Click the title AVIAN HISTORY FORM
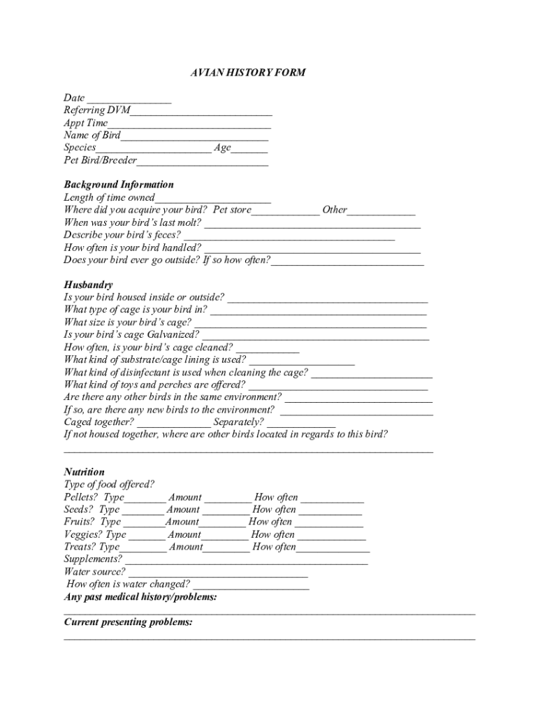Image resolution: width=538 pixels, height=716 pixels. [248, 73]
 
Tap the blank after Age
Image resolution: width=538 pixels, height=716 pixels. [249, 150]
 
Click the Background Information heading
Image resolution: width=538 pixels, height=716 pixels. [119, 185]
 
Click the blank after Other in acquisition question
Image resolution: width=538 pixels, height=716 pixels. [381, 211]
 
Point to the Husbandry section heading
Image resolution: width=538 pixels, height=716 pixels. [88, 285]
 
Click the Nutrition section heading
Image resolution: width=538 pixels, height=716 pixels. [84, 472]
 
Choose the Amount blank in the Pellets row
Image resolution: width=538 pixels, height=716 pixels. [228, 499]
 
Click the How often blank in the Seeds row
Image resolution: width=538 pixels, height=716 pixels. [330, 511]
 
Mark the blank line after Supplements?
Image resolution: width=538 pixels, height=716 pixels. [245, 561]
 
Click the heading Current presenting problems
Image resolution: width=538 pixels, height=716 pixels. [129, 622]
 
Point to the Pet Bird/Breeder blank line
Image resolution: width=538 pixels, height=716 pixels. [203, 162]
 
